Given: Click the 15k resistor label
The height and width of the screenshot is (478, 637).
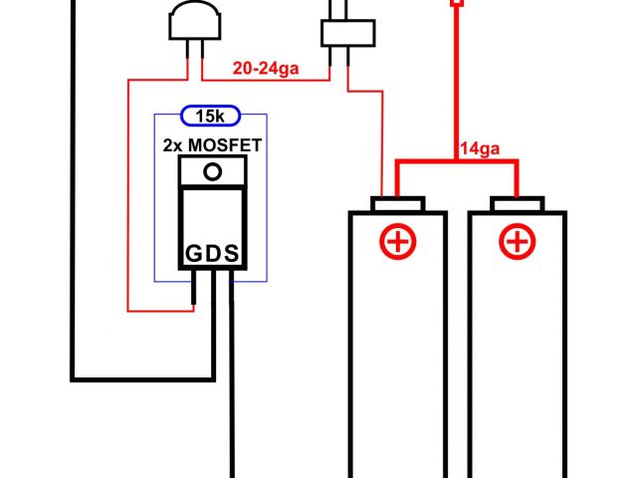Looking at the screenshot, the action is (x=210, y=117).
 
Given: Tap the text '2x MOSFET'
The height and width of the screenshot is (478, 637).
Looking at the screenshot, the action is (x=212, y=145).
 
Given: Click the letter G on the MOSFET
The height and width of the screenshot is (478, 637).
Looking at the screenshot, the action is (x=192, y=254).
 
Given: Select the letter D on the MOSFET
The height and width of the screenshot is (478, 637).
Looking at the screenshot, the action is (x=212, y=254).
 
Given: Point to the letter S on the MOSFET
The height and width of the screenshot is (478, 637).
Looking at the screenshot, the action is (x=231, y=254).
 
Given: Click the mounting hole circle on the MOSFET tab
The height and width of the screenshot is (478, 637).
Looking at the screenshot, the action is (x=211, y=171).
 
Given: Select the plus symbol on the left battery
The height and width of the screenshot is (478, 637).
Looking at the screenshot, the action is (x=397, y=241).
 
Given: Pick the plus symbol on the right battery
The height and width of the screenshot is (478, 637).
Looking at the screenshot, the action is (x=516, y=241).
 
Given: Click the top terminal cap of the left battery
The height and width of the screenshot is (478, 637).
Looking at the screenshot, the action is (x=397, y=205).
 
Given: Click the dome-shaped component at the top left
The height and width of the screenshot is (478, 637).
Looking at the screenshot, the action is (x=193, y=20).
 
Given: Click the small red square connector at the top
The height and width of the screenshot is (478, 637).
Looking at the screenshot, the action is (x=457, y=4).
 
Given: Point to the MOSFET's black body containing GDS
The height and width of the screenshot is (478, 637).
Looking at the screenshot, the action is (x=211, y=229).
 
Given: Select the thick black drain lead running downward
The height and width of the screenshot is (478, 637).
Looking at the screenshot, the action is (x=231, y=398).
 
